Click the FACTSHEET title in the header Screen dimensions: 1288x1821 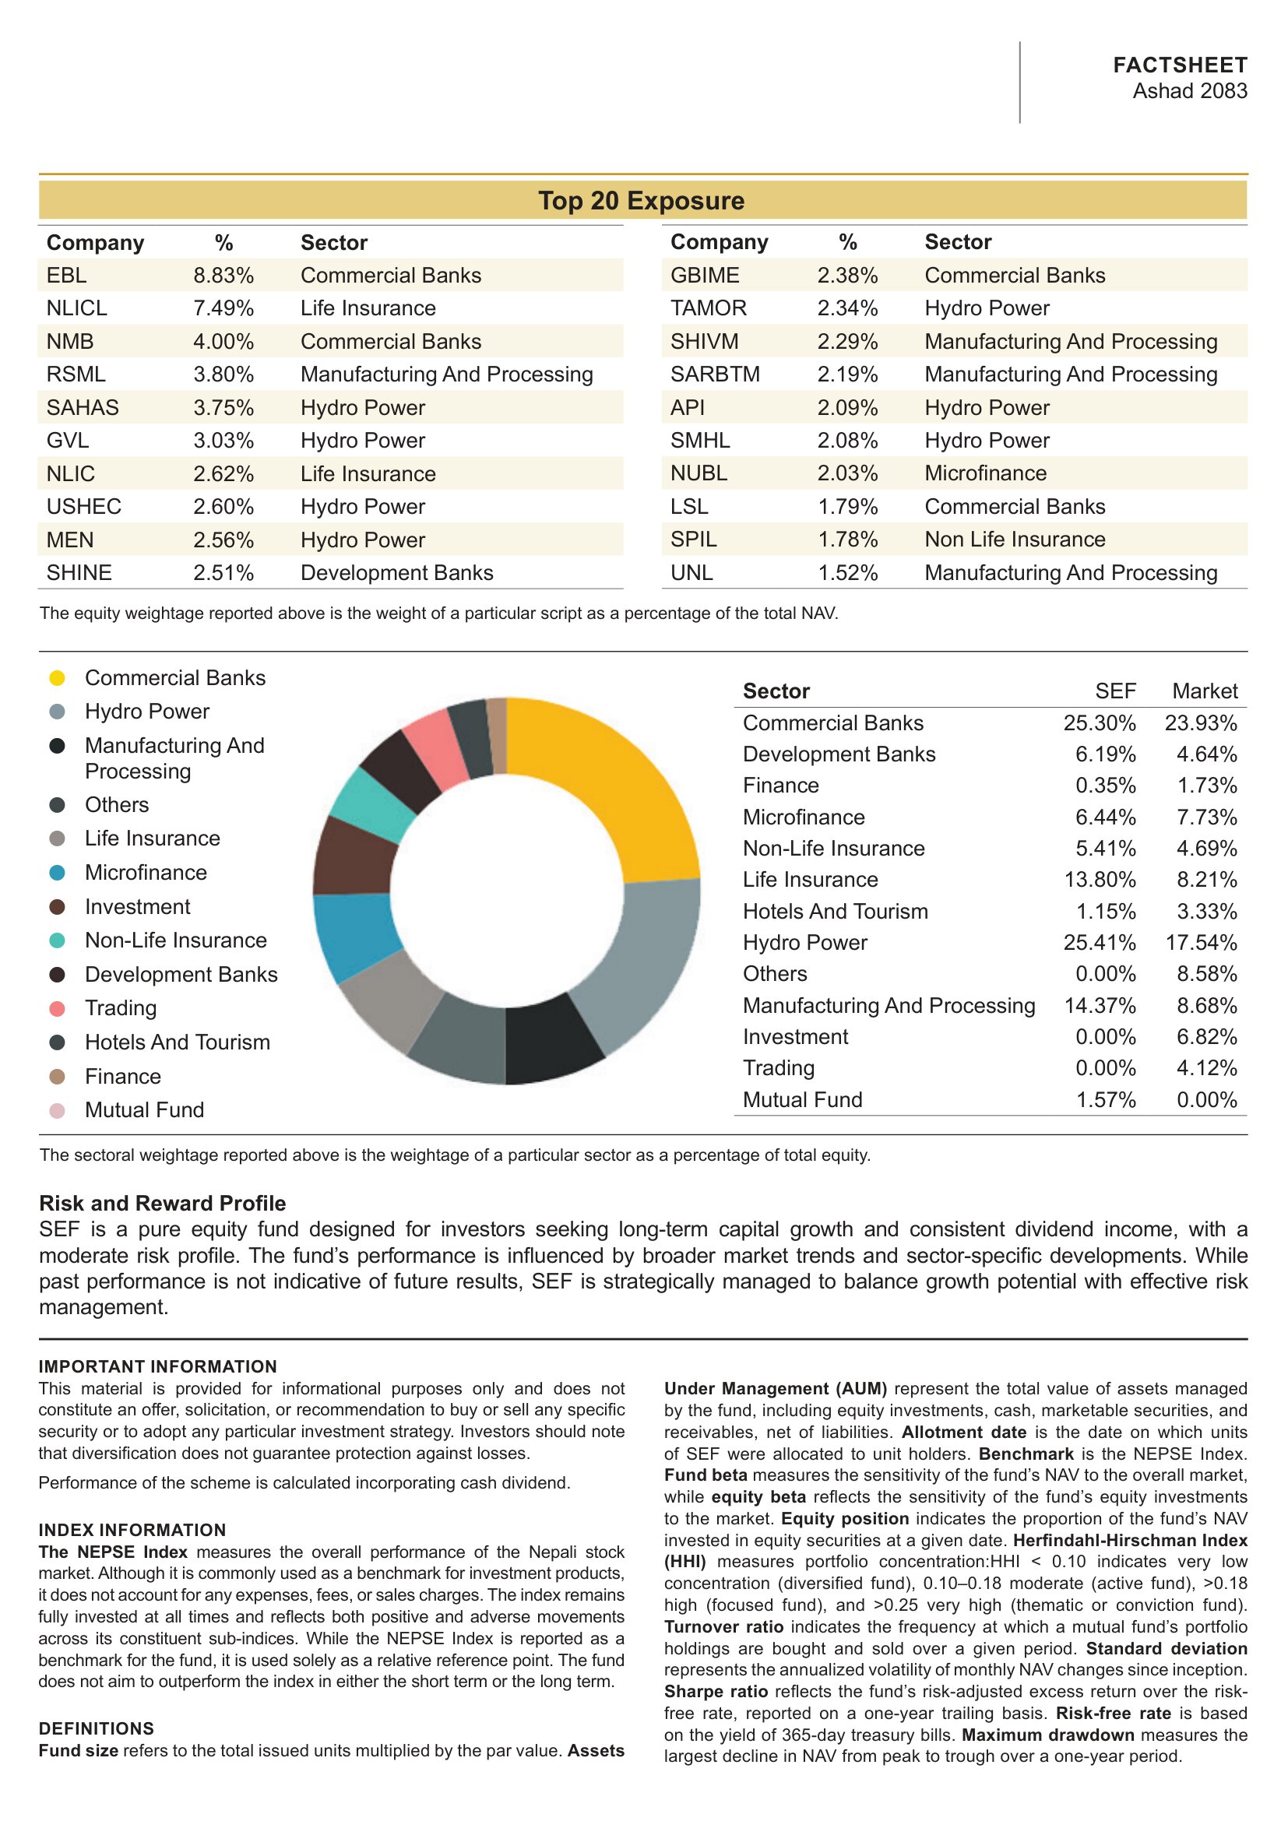click(1180, 65)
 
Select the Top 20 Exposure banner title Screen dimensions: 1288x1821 click(642, 201)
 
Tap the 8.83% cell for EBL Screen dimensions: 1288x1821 click(223, 275)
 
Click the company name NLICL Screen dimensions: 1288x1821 click(77, 308)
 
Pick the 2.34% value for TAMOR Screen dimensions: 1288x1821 click(848, 308)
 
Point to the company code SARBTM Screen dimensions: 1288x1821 click(716, 374)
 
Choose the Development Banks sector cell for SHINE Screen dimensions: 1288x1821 click(396, 573)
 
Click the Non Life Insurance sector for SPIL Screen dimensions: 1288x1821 click(1015, 540)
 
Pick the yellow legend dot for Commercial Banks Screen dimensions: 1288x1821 click(57, 678)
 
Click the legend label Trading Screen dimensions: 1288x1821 click(121, 1008)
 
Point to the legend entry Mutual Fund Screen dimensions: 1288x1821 click(144, 1109)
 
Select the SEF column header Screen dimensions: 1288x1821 click(1116, 691)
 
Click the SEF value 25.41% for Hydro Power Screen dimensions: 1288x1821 click(1100, 942)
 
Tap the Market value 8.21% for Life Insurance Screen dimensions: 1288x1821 click(1207, 880)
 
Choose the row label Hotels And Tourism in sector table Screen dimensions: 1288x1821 click(835, 912)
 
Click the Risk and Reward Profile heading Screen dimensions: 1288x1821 click(163, 1203)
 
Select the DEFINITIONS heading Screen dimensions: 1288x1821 click(96, 1728)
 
